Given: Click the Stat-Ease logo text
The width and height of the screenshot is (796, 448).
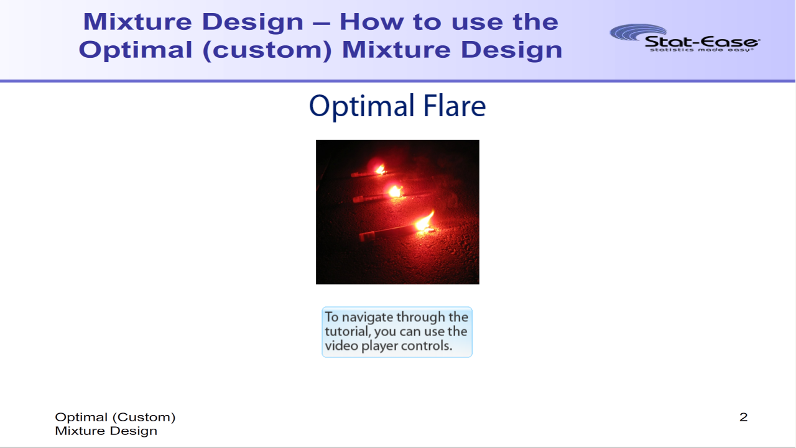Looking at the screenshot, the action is click(702, 42).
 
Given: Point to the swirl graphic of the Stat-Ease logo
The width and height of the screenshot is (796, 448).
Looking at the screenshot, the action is click(638, 32).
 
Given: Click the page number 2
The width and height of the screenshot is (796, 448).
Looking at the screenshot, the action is click(743, 417).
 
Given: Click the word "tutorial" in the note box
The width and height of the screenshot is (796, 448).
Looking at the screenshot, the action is click(347, 332).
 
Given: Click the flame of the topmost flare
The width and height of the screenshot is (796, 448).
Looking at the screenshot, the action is click(380, 170).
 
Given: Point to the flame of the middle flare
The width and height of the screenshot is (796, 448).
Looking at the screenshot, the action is click(395, 192).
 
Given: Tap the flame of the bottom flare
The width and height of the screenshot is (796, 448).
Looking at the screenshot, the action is click(425, 222).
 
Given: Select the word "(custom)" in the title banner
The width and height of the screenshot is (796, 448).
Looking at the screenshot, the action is click(267, 50).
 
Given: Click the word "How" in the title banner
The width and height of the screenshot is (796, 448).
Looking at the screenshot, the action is click(372, 22).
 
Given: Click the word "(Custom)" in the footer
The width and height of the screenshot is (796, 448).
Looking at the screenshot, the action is click(144, 418).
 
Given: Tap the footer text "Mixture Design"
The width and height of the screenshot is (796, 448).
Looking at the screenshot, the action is click(106, 431).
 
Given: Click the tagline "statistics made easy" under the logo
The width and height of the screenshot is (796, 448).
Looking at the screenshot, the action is click(701, 50).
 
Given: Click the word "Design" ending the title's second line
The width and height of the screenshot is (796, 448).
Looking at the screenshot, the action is click(511, 50).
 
